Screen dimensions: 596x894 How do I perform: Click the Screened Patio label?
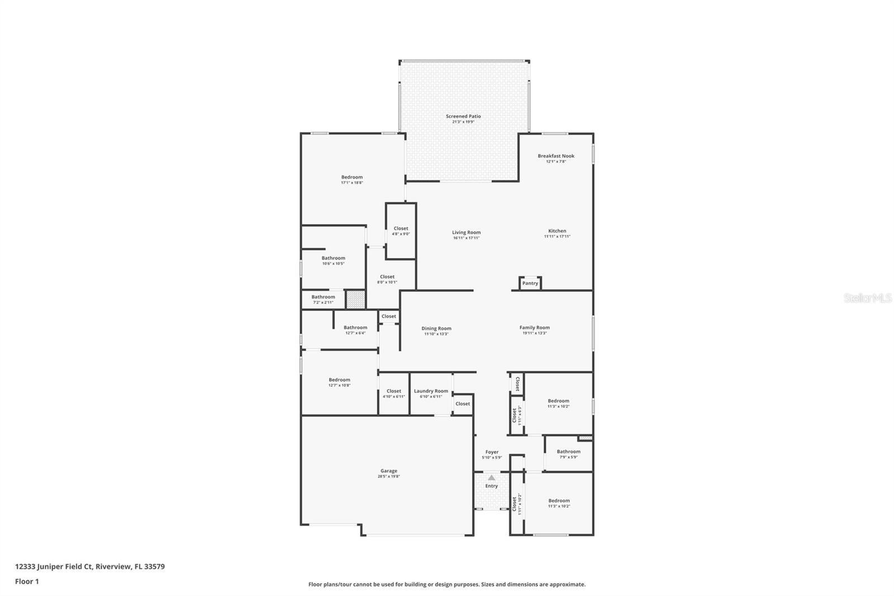463,116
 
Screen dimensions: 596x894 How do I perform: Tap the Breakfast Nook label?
556,156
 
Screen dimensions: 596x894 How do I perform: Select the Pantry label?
530,283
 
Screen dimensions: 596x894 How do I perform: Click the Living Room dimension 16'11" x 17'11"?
466,238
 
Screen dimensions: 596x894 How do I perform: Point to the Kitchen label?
557,231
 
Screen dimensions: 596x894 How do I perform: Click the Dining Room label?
436,329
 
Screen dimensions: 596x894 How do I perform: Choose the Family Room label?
534,328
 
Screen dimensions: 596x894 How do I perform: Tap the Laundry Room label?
431,391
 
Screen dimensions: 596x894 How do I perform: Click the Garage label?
389,471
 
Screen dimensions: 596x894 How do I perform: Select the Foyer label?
492,452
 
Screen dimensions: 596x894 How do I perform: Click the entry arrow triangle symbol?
491,477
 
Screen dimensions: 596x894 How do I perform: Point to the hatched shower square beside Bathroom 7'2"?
355,300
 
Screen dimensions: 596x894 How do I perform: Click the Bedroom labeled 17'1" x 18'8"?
352,177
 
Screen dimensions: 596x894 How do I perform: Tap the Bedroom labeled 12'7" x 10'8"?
339,380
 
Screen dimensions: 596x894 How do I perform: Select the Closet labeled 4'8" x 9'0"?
401,229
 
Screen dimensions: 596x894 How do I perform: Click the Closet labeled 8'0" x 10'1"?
387,277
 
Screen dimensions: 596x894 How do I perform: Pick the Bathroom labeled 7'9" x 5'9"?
568,452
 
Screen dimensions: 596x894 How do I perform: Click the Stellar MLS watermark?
867,298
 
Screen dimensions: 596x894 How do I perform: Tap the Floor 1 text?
27,581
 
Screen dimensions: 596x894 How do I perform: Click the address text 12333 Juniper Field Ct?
53,566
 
